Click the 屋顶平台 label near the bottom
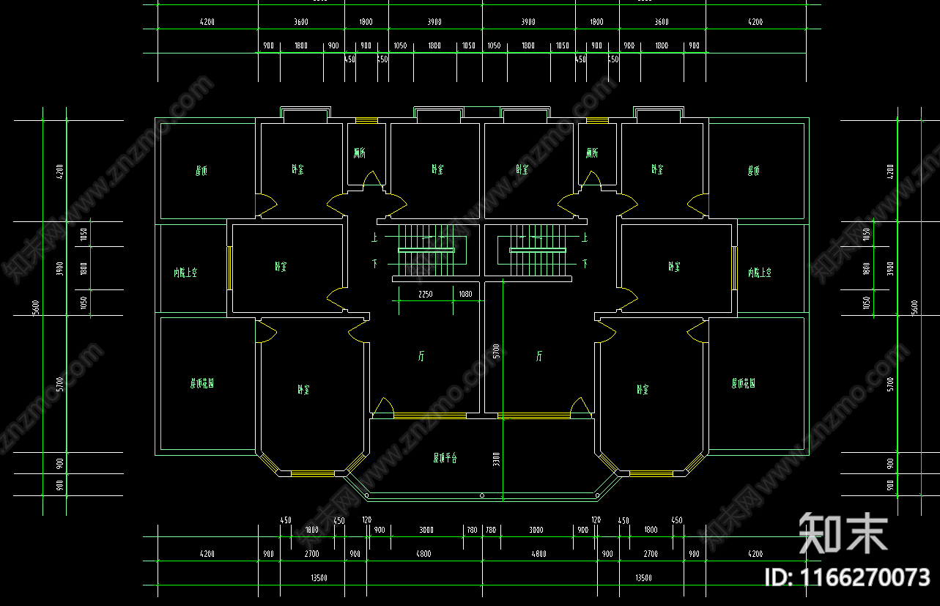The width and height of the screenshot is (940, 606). point(445,459)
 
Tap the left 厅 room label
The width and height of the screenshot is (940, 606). point(421,357)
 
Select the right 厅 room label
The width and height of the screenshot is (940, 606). point(539,357)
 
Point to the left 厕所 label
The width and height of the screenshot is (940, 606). point(359,153)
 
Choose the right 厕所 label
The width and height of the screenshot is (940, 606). point(592,153)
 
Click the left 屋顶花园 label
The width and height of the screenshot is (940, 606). point(202,383)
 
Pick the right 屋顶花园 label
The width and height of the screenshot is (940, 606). point(743,383)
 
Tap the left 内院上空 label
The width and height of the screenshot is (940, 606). point(185,273)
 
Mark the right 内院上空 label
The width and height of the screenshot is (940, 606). point(760,273)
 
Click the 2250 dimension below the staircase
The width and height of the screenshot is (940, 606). point(425,295)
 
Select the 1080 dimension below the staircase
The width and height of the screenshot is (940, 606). point(465,295)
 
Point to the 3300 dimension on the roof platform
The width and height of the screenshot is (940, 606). point(496,459)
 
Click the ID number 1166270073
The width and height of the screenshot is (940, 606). point(846,577)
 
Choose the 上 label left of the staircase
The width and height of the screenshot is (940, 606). point(374,237)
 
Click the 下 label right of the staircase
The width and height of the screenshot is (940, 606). point(585,262)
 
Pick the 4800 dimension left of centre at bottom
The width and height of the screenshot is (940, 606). point(423,554)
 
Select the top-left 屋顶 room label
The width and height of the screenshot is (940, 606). point(201,171)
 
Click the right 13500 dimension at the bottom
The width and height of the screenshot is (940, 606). point(643,578)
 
